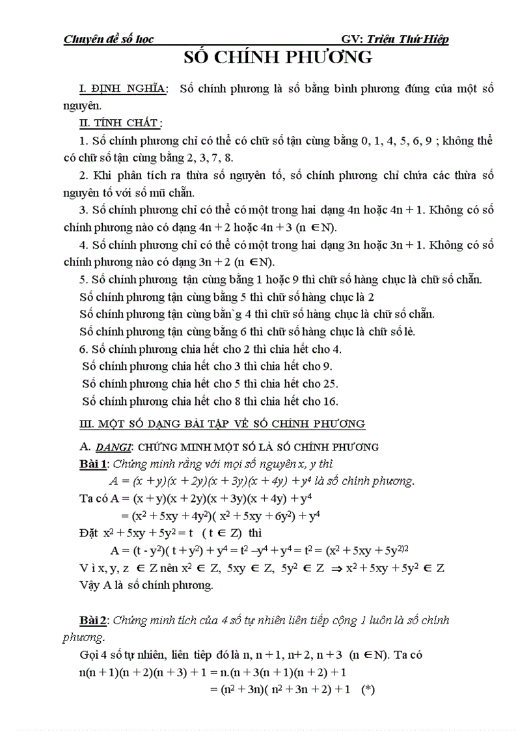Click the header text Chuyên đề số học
[x=108, y=39]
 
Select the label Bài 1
[x=90, y=464]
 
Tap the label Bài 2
[x=90, y=620]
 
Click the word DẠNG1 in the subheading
[x=113, y=447]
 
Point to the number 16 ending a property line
[x=329, y=400]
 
